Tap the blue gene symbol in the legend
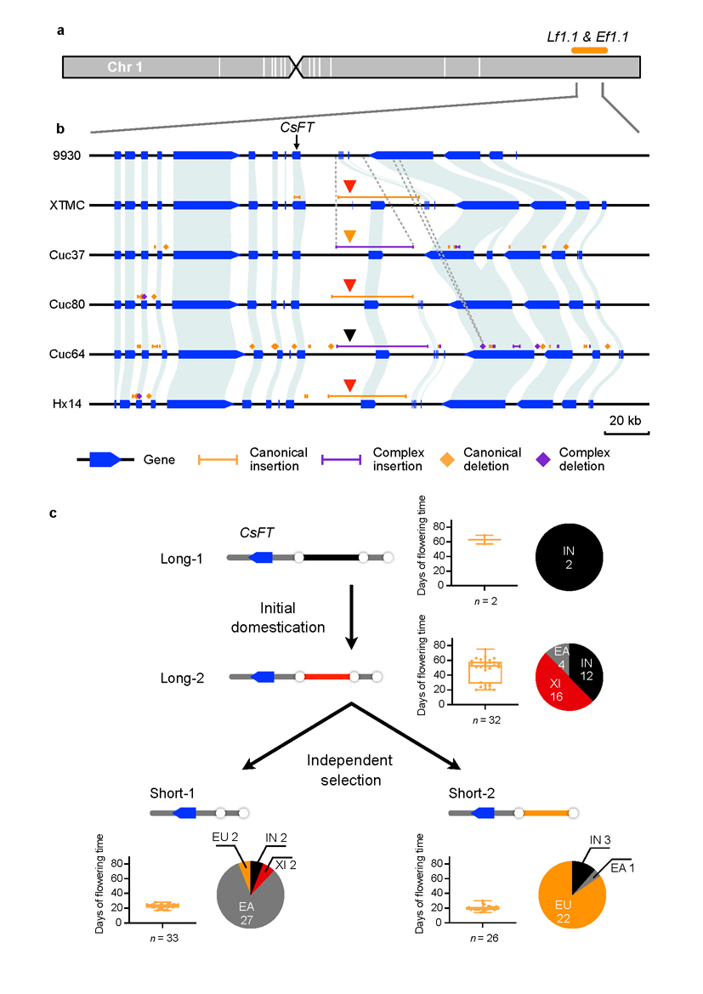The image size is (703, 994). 105,460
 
